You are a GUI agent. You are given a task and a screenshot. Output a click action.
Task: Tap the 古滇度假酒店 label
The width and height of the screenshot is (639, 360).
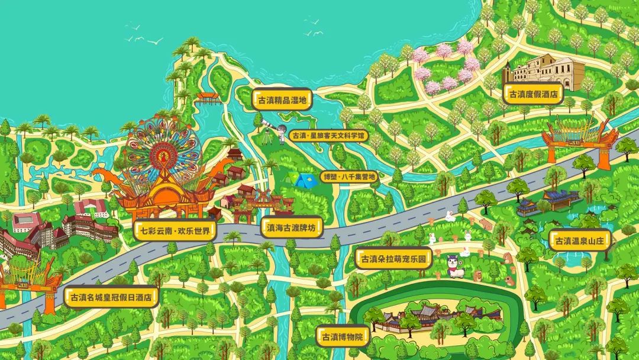tap(534, 94)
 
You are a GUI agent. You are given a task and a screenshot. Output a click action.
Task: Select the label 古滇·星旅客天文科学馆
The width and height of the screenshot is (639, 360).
tap(330, 136)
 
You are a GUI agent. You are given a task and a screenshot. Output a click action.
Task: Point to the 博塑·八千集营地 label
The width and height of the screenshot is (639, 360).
tap(348, 176)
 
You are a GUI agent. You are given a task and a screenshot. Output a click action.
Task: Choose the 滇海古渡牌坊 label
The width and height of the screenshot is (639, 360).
tap(292, 226)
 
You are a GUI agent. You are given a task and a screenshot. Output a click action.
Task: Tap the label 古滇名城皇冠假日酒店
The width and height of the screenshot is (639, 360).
tap(111, 297)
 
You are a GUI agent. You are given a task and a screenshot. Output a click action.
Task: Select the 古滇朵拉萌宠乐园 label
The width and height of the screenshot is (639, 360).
tap(393, 259)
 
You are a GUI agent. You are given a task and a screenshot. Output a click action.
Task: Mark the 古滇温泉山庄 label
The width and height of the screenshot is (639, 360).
tap(580, 241)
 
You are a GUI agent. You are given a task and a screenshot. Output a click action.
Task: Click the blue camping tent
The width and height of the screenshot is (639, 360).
tap(304, 180)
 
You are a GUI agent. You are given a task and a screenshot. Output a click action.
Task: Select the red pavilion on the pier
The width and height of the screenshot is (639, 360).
tap(207, 97)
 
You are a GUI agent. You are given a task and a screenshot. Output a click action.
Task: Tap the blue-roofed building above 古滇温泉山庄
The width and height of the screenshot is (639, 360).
tap(553, 200)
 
